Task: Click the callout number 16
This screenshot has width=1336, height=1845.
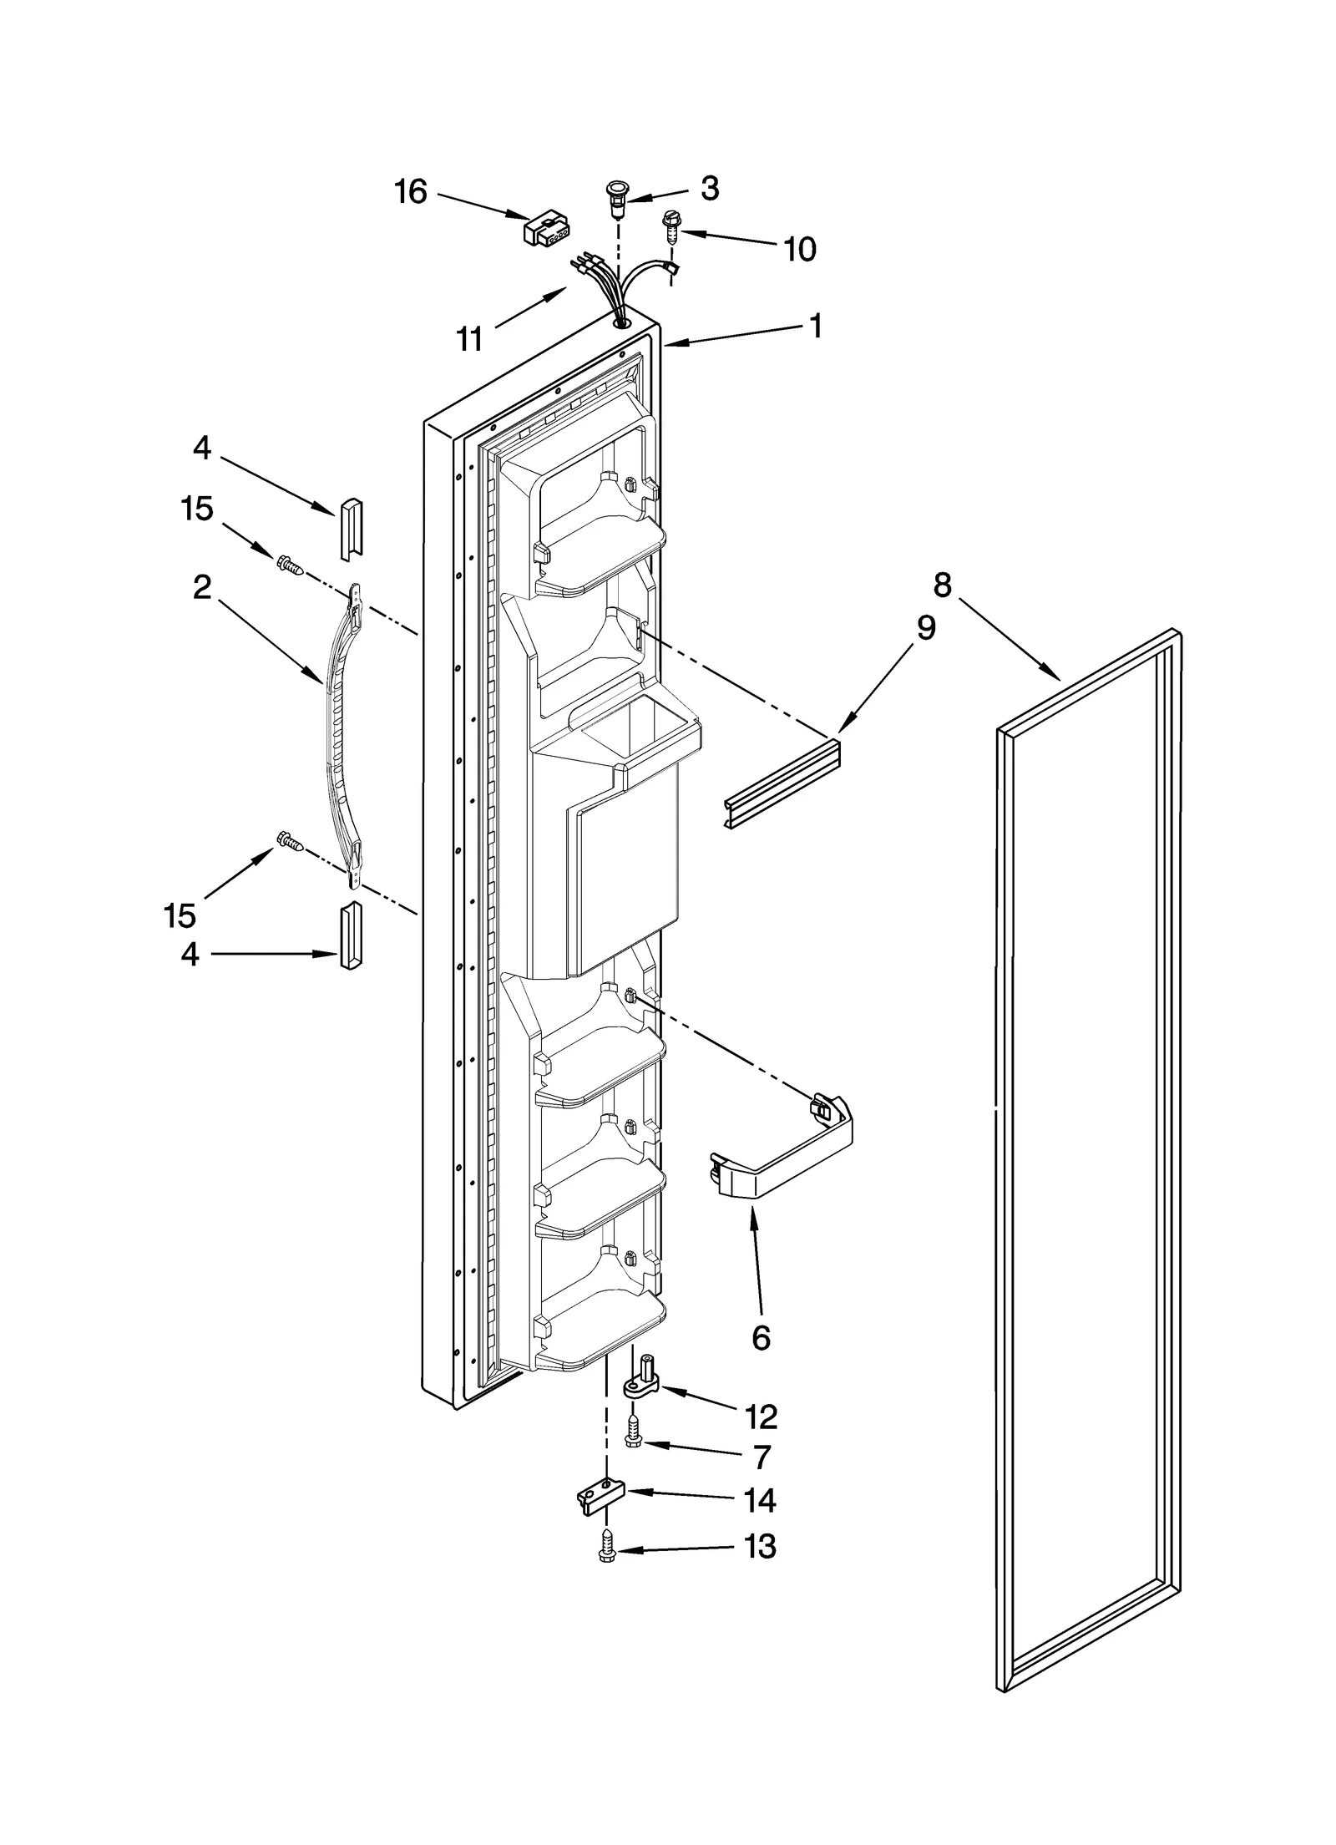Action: tap(410, 192)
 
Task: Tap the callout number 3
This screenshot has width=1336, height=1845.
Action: tap(709, 189)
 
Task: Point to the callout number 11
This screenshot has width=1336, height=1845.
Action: tap(469, 340)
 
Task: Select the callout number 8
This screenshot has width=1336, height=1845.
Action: tap(942, 585)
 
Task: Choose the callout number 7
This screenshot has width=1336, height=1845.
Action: tap(761, 1457)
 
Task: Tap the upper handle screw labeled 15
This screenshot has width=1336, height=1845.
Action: tap(290, 565)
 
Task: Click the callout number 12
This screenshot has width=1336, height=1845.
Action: tap(762, 1417)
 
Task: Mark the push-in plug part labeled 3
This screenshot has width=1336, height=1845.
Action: tap(616, 197)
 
